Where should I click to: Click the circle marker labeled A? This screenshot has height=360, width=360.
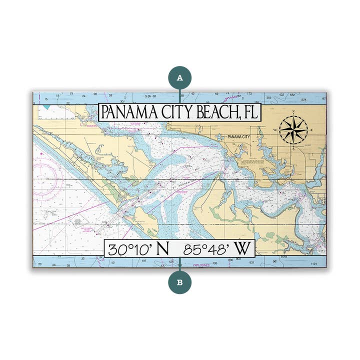click(179, 77)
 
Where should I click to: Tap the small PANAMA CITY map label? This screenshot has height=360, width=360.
click(238, 136)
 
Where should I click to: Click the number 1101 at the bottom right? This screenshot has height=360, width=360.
click(313, 263)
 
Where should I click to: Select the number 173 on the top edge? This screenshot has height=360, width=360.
click(249, 94)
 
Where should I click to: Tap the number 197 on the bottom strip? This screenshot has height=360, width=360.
click(144, 261)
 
